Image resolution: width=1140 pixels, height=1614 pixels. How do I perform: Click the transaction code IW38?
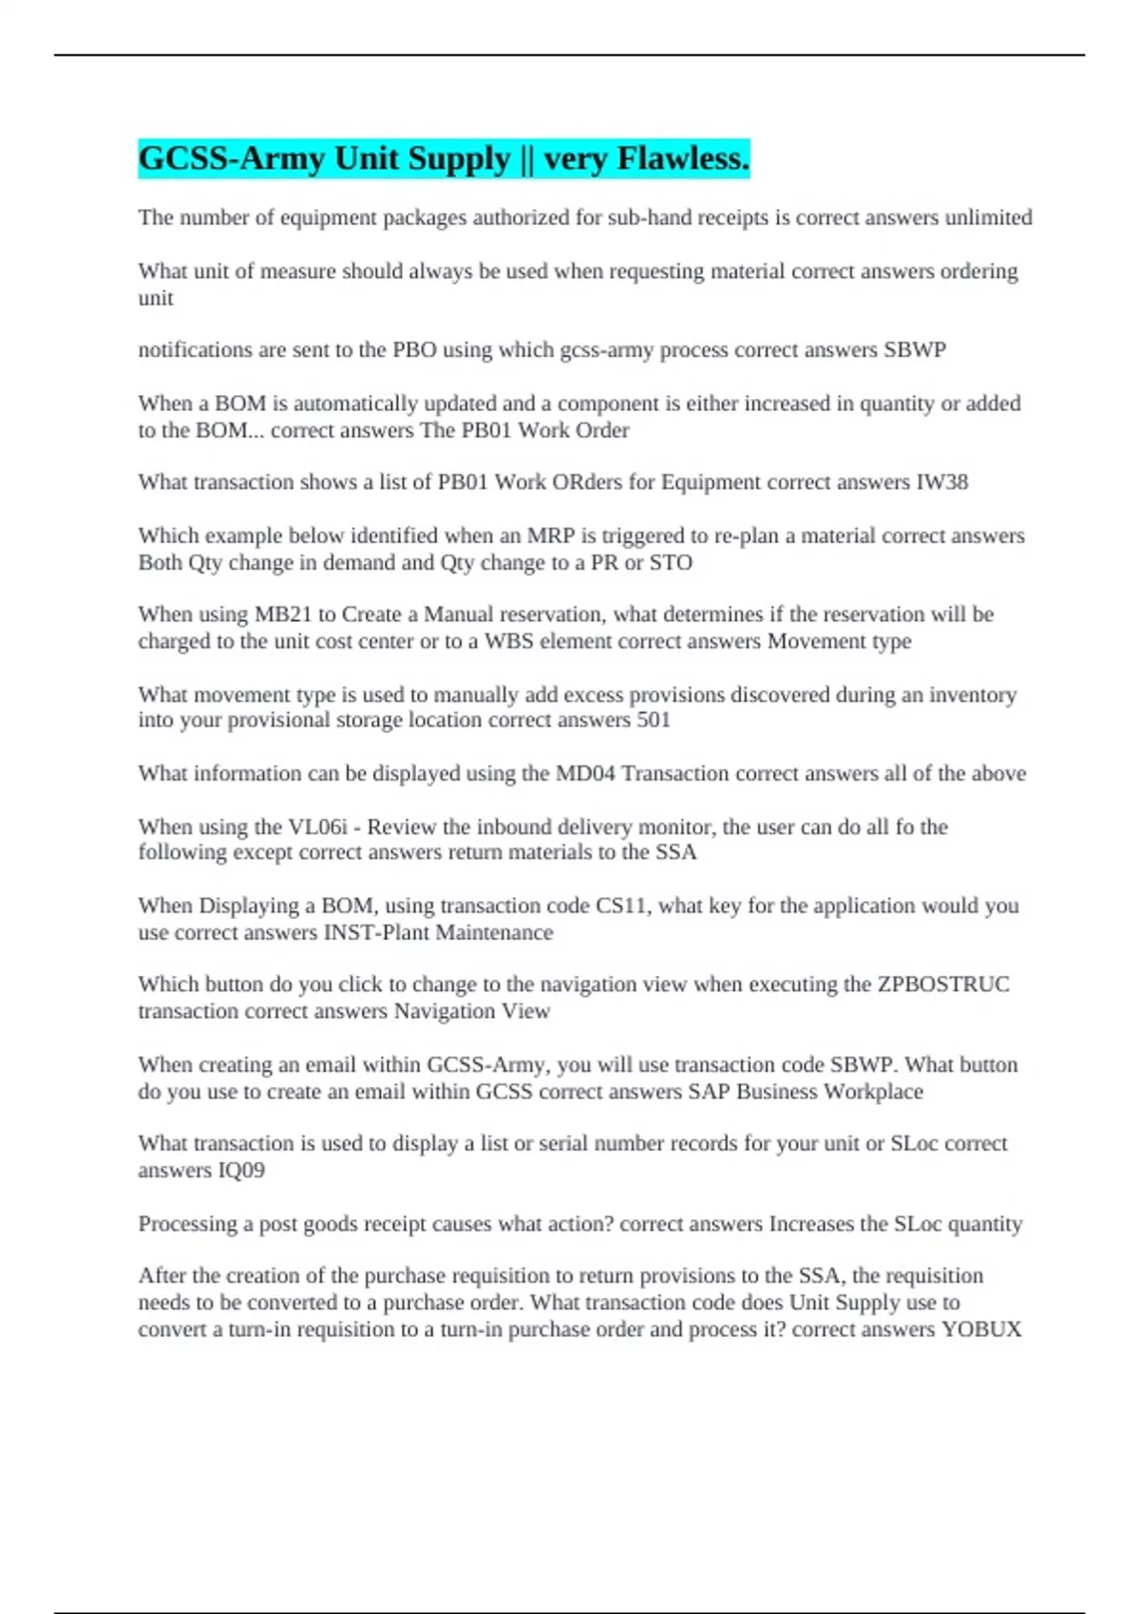pyautogui.click(x=941, y=482)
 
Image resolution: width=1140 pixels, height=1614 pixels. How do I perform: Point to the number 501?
pyautogui.click(x=654, y=720)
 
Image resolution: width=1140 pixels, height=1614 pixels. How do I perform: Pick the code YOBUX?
pyautogui.click(x=981, y=1329)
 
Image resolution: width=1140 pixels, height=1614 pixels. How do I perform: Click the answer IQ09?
pyautogui.click(x=241, y=1170)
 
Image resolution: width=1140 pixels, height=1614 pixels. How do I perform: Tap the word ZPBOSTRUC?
pyautogui.click(x=943, y=985)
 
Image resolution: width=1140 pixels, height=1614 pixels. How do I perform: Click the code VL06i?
pyautogui.click(x=317, y=827)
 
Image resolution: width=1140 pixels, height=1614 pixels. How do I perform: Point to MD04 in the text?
pyautogui.click(x=585, y=774)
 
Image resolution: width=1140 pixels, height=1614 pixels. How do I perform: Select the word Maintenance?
pyautogui.click(x=494, y=932)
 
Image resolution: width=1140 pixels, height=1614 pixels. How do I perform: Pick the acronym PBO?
pyautogui.click(x=414, y=350)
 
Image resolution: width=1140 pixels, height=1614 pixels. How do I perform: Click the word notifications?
pyautogui.click(x=195, y=350)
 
